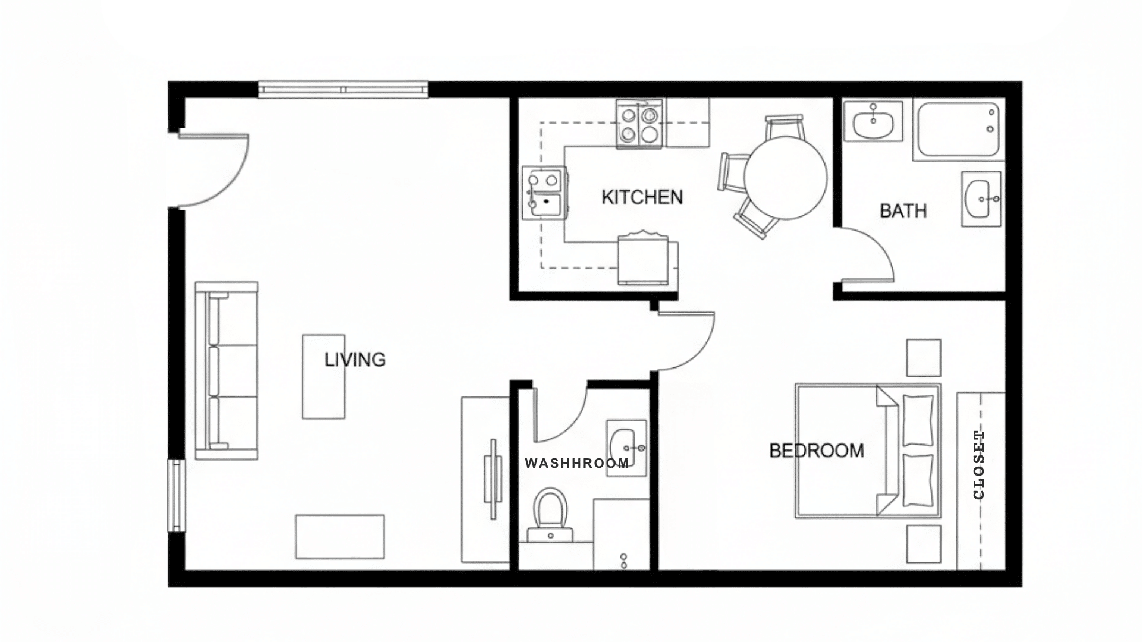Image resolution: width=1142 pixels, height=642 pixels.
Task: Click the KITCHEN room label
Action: click(x=642, y=197)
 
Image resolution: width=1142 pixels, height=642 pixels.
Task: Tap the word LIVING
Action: click(x=355, y=360)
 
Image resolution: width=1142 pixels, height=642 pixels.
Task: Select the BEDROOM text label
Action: click(x=816, y=451)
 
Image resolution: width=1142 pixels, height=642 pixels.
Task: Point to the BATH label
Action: click(x=903, y=210)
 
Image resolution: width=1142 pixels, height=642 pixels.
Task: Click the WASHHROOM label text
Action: click(x=576, y=463)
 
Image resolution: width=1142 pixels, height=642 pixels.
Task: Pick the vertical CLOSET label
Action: click(x=979, y=465)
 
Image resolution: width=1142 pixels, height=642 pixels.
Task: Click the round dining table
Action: click(x=785, y=177)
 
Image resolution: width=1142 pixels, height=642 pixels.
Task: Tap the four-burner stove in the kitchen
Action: click(x=640, y=124)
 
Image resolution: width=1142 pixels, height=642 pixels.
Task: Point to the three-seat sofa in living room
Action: click(x=227, y=370)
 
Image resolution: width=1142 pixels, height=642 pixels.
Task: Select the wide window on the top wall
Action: click(x=343, y=90)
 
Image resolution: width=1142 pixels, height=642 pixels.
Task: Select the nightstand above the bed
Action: click(x=923, y=358)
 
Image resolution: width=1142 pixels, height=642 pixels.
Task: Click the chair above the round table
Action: click(x=785, y=126)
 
